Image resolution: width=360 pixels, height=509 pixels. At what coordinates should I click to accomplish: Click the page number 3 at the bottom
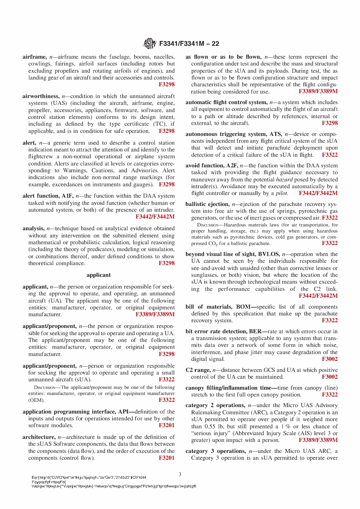180,474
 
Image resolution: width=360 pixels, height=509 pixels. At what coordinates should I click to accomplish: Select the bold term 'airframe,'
34,57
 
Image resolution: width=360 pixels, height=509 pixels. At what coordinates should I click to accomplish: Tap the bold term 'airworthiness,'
41,96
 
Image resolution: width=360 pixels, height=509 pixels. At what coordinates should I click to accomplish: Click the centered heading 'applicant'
99,275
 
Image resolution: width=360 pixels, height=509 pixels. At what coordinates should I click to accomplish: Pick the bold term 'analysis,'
33,228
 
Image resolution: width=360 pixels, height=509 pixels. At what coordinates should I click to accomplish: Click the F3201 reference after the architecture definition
167,458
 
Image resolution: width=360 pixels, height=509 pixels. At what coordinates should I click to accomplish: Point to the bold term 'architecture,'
39,437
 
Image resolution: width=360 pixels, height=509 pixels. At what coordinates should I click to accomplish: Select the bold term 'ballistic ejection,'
208,204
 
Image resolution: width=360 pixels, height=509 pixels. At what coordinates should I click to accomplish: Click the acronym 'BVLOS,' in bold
269,254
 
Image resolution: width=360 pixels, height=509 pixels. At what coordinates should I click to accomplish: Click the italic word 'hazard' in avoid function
284,180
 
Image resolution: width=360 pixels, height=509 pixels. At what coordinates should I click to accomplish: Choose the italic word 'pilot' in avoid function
281,193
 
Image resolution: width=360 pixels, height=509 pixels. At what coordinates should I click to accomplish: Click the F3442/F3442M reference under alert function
155,217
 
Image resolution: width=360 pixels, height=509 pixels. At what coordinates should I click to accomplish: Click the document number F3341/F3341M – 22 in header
189,44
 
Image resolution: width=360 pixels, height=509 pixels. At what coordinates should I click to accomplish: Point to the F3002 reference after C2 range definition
330,377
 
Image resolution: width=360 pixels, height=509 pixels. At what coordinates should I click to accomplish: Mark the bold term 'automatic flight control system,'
226,102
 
